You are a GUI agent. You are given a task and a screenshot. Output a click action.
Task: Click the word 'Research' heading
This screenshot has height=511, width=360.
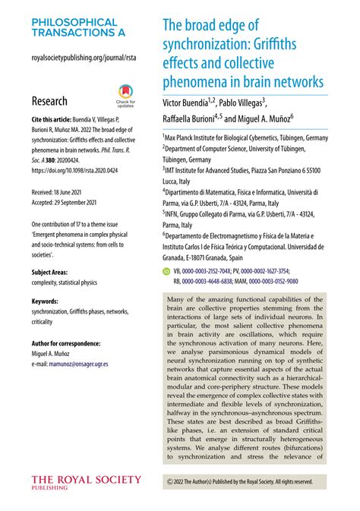(x=49, y=101)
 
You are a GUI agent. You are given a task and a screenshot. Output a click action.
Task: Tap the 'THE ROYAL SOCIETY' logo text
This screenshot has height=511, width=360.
(x=86, y=480)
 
